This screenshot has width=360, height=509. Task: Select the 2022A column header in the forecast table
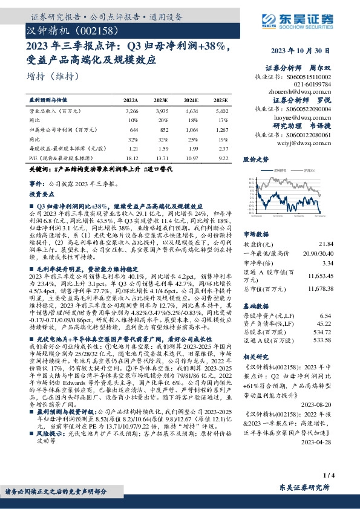131,100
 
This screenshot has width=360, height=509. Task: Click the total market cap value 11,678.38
320,288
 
